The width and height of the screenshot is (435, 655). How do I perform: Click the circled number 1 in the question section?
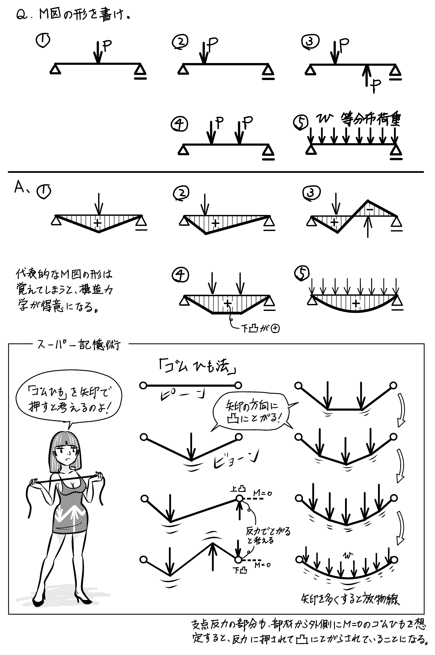point(43,40)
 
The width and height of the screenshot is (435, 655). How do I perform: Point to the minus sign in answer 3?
point(370,210)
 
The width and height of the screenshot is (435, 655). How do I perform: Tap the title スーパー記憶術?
point(79,345)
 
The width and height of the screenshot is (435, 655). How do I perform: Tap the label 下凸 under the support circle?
point(239,570)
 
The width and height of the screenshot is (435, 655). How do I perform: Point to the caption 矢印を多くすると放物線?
point(350,600)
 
